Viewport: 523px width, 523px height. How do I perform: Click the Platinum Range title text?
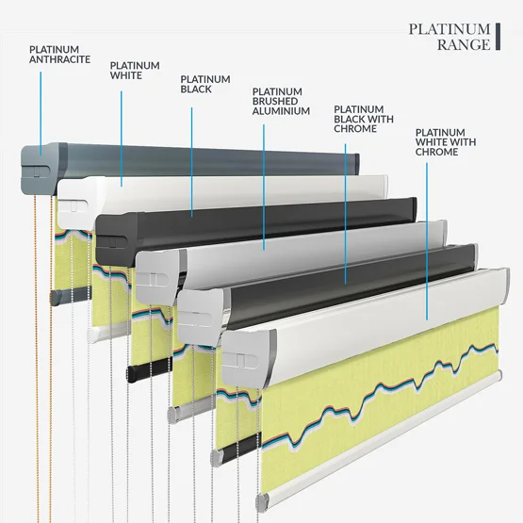tap(449, 37)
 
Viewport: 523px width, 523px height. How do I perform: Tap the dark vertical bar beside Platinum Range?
tap(498, 37)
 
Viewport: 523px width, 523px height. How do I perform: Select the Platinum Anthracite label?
tap(60, 55)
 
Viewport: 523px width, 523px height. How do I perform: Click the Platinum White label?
tap(135, 71)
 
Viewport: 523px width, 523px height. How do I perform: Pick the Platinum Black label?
tap(205, 84)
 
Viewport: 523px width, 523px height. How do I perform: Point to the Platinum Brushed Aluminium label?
tap(281, 102)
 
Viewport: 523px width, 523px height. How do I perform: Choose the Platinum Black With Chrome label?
tap(364, 119)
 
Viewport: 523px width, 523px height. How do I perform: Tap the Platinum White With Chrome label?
tap(446, 142)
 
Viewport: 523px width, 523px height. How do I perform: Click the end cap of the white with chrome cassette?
tap(249, 359)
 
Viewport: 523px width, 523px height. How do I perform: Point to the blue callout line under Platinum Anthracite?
tap(41, 113)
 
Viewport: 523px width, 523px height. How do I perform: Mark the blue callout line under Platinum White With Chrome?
tap(427, 241)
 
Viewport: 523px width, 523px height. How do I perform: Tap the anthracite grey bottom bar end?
tap(55, 297)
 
